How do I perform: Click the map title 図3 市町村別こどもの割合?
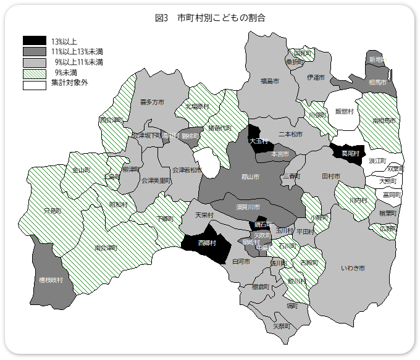(210, 18)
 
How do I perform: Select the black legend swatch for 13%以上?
(35, 41)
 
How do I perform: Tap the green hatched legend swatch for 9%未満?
(35, 72)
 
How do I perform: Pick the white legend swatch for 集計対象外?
(35, 83)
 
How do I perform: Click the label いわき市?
(353, 268)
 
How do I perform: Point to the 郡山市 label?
(250, 177)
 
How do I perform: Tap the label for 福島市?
(269, 81)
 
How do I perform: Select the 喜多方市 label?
(152, 102)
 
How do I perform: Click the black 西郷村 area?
(207, 243)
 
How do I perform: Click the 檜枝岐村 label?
(51, 280)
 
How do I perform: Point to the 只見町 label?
(52, 211)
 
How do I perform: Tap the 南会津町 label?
(106, 248)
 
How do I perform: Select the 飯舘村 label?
(344, 111)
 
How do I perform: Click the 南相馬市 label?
(384, 121)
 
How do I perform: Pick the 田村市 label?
(331, 176)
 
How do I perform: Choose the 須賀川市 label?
(248, 206)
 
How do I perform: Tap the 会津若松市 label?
(187, 170)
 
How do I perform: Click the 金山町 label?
(82, 170)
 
